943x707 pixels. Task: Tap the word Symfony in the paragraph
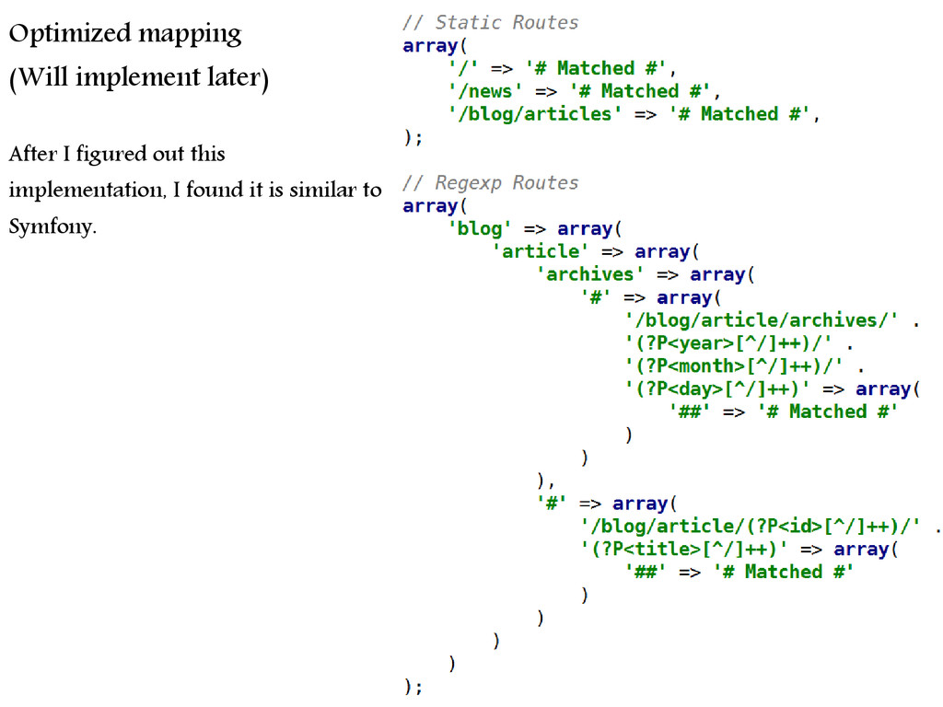[x=52, y=226]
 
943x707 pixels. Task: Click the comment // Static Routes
[x=490, y=22]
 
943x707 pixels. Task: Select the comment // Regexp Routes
[x=490, y=182]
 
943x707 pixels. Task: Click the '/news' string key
[x=485, y=91]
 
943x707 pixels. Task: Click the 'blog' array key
[x=480, y=228]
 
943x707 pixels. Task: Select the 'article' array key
[x=541, y=250]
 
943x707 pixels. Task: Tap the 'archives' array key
[x=590, y=273]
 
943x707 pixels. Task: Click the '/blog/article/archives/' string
[x=762, y=319]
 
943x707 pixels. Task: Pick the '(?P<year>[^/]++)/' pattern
[x=729, y=342]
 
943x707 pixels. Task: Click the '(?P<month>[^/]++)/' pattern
[x=734, y=365]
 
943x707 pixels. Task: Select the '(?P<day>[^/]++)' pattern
[x=717, y=388]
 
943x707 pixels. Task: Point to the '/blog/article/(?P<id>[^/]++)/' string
[x=751, y=526]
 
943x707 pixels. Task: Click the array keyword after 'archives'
[x=717, y=274]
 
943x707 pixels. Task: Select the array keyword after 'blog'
[x=585, y=229]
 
